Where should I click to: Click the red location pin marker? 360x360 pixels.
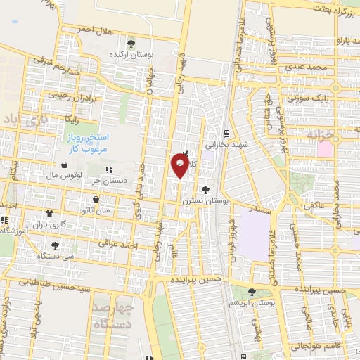click(x=180, y=165)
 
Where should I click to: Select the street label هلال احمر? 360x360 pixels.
click(x=96, y=30)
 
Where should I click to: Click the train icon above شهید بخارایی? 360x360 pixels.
click(x=226, y=132)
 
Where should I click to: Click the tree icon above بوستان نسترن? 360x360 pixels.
click(x=205, y=189)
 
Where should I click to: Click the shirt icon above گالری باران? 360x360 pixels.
click(x=49, y=212)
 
